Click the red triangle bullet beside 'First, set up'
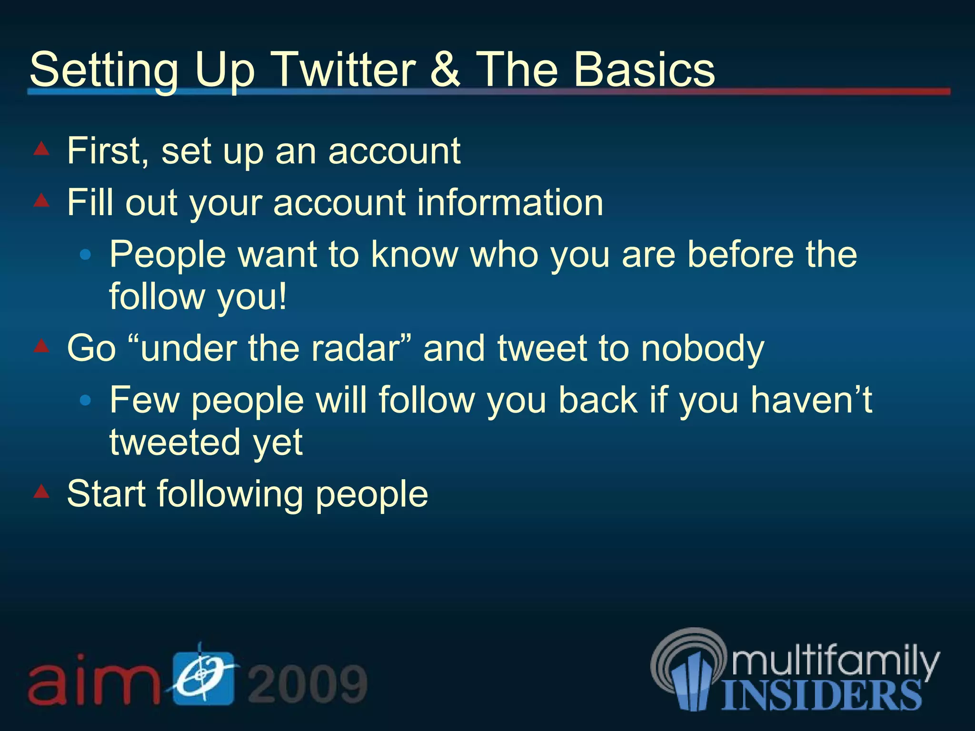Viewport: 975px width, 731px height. point(41,149)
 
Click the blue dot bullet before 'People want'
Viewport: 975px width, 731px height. point(86,255)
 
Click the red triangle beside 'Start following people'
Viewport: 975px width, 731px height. point(41,491)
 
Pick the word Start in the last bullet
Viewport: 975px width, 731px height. point(106,494)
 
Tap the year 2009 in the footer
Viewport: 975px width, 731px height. point(308,684)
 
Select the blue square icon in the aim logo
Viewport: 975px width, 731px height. point(204,678)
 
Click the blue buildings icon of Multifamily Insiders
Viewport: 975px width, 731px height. point(693,681)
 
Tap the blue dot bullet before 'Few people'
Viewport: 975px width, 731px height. point(86,401)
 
